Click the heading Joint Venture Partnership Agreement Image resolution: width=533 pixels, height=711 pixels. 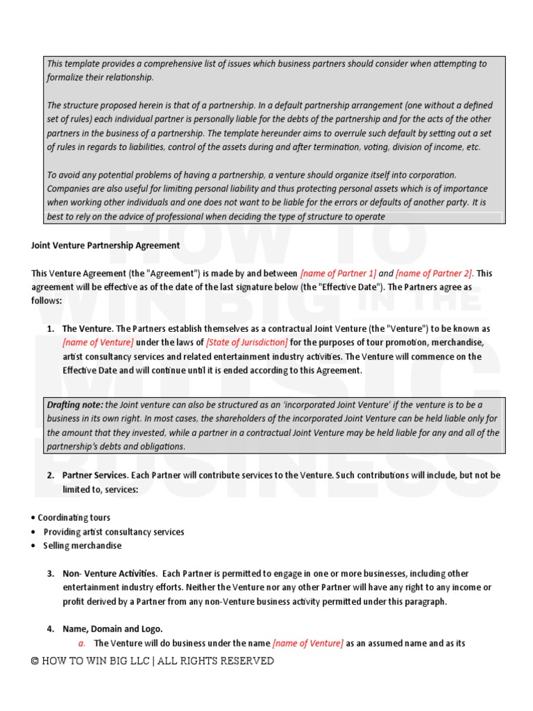[105, 245]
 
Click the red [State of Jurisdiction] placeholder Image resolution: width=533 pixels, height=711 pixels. [246, 342]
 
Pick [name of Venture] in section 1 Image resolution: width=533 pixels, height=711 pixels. [98, 342]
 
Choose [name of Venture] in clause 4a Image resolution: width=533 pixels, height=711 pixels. [307, 643]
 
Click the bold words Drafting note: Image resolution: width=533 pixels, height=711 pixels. [74, 405]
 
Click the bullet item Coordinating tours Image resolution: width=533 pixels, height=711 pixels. [74, 518]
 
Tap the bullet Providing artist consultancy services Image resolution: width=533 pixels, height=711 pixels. [114, 532]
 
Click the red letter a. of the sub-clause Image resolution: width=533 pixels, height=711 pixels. [81, 643]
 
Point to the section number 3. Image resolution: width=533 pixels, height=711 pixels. [51, 574]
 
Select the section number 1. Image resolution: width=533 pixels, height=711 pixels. [51, 328]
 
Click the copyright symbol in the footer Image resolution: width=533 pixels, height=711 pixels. [35, 661]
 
